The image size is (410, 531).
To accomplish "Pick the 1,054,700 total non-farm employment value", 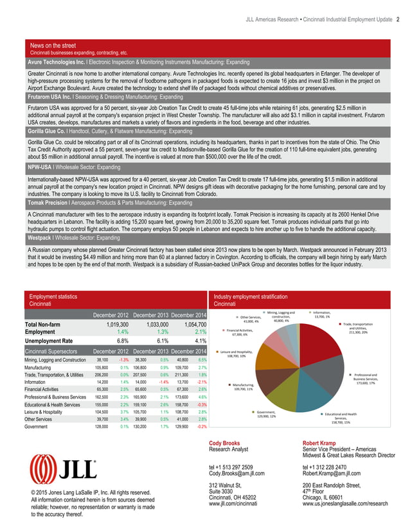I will [186, 325].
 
